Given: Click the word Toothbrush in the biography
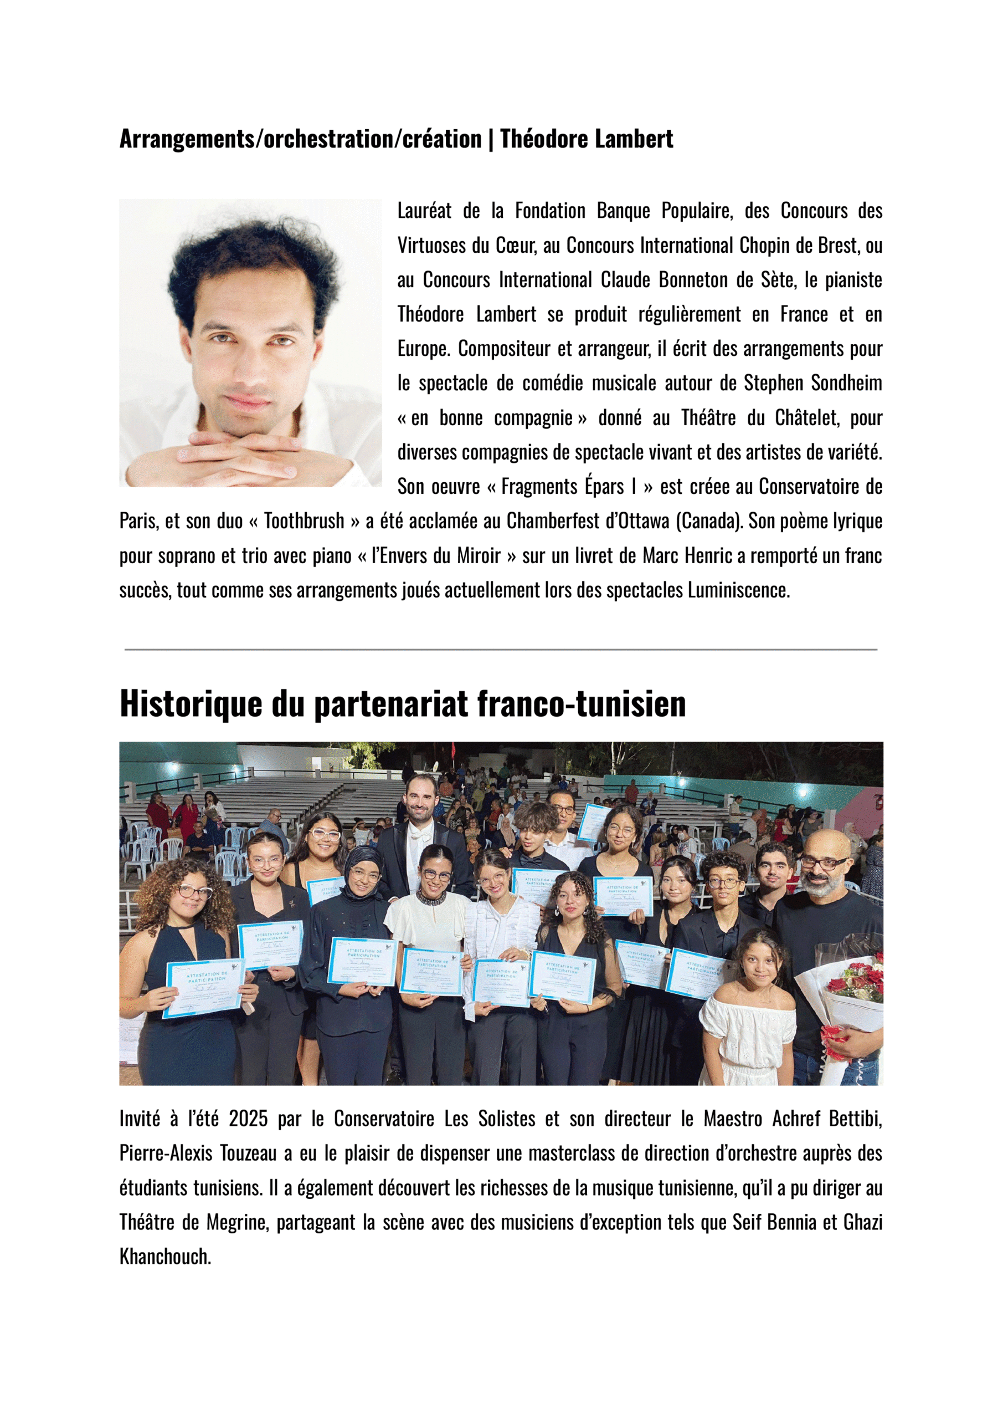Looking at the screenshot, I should [304, 522].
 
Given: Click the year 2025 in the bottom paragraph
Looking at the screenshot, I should [248, 1119].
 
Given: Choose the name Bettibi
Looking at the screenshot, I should [855, 1119].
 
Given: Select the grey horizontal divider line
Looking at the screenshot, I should [501, 650].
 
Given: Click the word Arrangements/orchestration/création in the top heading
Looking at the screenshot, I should [300, 139].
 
